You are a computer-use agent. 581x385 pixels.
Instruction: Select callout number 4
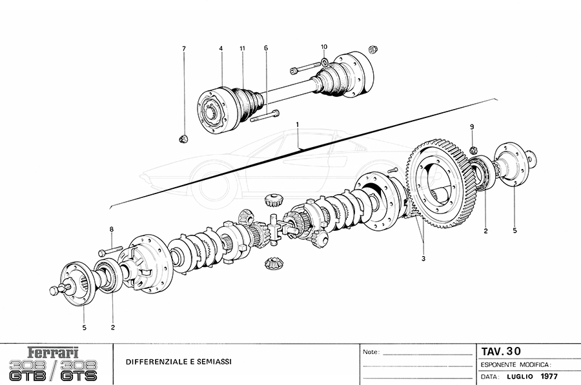point(221,48)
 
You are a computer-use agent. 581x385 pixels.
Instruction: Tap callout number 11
point(243,48)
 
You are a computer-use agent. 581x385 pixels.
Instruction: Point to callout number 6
point(265,48)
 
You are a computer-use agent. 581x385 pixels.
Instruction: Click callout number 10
point(324,47)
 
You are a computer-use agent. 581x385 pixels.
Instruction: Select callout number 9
point(472,126)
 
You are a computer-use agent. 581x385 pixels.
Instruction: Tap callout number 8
point(111,229)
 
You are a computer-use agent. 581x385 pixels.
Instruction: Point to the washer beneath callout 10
point(324,63)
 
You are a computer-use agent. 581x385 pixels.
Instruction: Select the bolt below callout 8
point(110,250)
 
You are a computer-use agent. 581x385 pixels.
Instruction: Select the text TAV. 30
point(501,351)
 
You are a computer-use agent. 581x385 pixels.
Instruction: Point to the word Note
point(370,353)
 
